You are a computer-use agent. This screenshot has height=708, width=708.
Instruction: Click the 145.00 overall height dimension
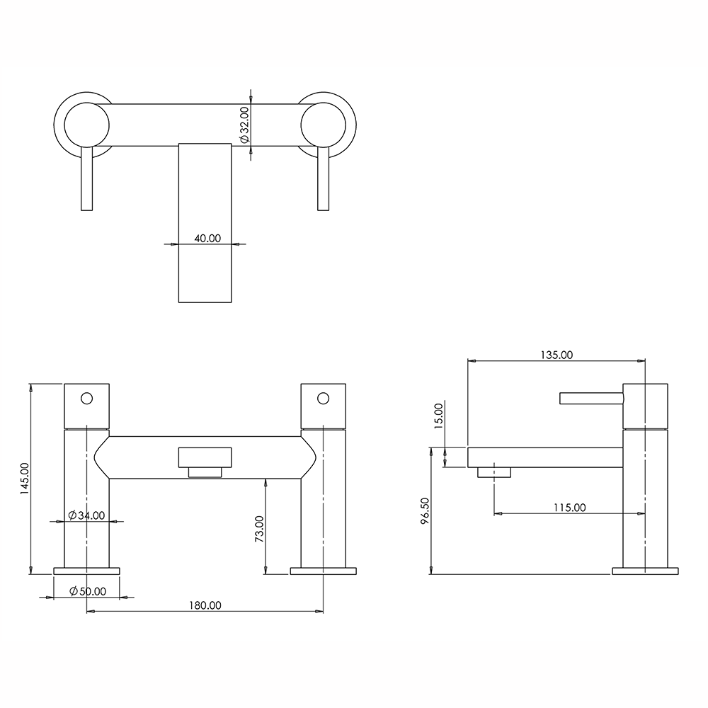tap(24, 479)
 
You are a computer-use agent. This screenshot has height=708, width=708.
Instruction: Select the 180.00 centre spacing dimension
tap(205, 605)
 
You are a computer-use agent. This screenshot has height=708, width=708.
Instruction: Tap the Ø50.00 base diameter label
tap(88, 591)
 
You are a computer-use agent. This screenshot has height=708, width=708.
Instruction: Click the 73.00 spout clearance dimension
tap(259, 528)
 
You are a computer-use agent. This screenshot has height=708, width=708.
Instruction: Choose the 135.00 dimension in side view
tap(556, 355)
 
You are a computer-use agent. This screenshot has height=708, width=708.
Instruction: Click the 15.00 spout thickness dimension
tap(438, 416)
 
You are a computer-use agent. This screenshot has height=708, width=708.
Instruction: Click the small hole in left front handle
tap(86, 398)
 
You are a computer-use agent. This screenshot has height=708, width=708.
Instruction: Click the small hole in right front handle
tap(323, 398)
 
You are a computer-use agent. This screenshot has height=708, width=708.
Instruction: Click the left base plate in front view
tap(87, 571)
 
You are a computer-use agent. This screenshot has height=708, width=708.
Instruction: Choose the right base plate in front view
tap(323, 571)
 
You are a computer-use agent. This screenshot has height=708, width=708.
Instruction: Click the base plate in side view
tap(644, 571)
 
